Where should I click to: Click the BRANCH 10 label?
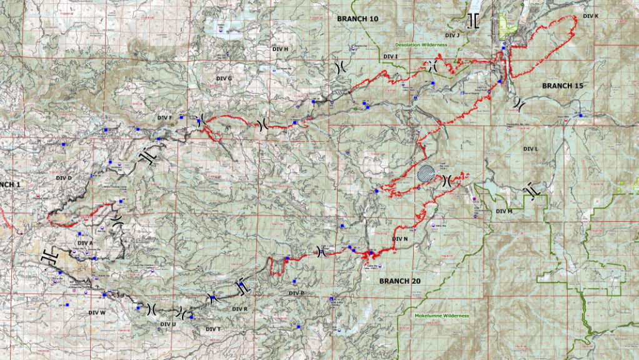point(358,19)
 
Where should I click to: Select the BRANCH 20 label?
point(400,281)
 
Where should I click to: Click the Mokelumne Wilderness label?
point(441,316)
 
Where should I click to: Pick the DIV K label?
point(590,16)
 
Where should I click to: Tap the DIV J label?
point(450,36)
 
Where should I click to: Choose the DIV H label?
point(280,49)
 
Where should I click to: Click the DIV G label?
point(224,79)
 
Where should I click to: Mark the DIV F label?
point(165,117)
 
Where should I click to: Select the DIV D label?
point(65,178)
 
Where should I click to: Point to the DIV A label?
point(85,242)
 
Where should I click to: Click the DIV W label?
point(97,312)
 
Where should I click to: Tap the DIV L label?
point(530,149)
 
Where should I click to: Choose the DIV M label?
point(504,211)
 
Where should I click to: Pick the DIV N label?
point(400,239)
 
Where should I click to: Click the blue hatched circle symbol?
point(426,173)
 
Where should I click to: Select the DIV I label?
point(391,57)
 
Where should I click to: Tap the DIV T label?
point(213,329)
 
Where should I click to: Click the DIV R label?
point(239,309)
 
